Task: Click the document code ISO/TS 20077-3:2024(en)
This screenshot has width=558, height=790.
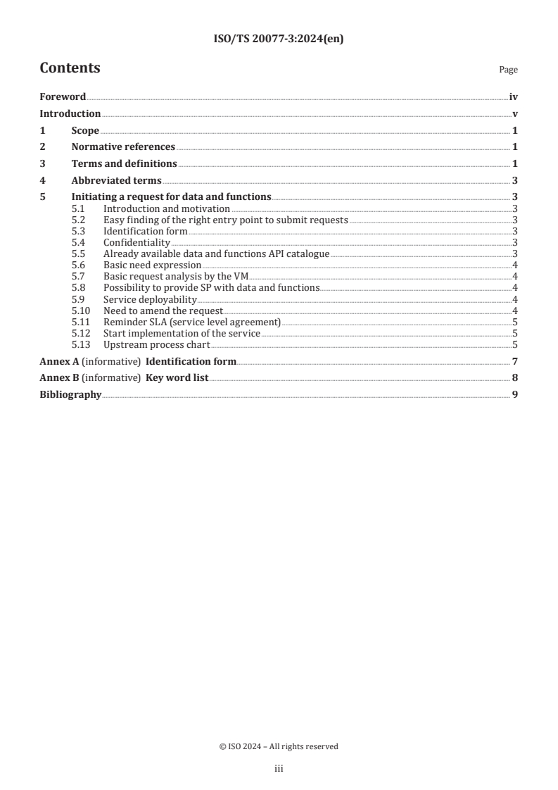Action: (x=278, y=39)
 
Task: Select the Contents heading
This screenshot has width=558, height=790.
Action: (x=70, y=68)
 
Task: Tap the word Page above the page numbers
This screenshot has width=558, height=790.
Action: (x=508, y=70)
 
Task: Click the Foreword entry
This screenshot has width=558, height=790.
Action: (x=63, y=97)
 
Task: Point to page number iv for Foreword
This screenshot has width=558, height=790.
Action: (x=514, y=97)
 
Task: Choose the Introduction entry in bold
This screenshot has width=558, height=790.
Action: (x=70, y=113)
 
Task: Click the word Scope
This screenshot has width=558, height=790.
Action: (x=85, y=130)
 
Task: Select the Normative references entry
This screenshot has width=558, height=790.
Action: (x=123, y=146)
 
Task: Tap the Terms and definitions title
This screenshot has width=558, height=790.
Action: (x=124, y=163)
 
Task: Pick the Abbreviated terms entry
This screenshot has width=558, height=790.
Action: (x=116, y=180)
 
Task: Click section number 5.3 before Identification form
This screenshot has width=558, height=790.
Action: (x=80, y=231)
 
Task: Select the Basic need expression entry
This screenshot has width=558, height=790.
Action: (x=152, y=265)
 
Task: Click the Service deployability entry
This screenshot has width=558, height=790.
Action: (x=150, y=299)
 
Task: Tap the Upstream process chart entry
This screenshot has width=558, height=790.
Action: (x=156, y=344)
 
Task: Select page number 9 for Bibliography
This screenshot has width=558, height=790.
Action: (x=515, y=394)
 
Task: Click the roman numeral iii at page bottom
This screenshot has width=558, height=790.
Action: (x=278, y=769)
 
